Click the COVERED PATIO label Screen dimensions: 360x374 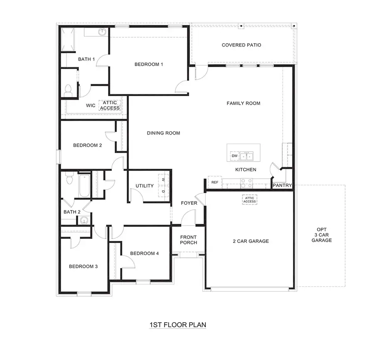pos(241,45)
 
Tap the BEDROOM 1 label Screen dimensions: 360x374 pos(149,64)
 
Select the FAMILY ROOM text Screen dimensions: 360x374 pos(244,103)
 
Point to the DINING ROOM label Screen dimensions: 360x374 pos(163,133)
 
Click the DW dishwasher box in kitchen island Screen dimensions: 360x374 pos(234,156)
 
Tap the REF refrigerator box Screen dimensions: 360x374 pos(215,182)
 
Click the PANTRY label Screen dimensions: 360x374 pos(282,186)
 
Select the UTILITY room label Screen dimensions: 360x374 pos(145,186)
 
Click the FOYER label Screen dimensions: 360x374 pos(189,203)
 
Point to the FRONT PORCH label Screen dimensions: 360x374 pos(188,240)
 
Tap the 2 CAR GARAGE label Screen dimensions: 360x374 pos(251,241)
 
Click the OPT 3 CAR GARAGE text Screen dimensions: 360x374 pos(322,235)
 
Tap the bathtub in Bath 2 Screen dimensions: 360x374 pos(83,186)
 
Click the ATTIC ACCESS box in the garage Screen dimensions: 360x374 pos(250,199)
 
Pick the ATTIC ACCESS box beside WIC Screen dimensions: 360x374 pos(110,105)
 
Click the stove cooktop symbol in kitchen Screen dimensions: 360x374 pos(246,181)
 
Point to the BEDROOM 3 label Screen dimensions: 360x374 pos(83,267)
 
